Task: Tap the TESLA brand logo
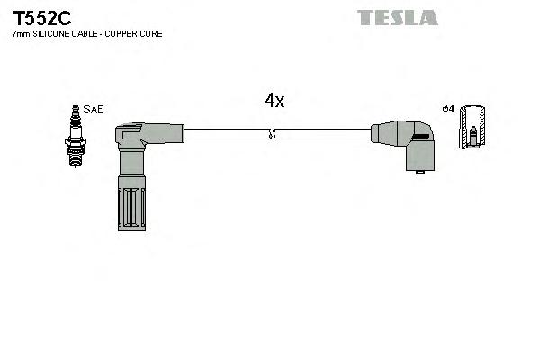(x=397, y=17)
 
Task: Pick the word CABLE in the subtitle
(x=88, y=34)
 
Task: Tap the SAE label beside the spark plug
(x=94, y=109)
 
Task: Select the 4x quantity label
(x=274, y=102)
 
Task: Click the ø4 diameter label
(x=448, y=110)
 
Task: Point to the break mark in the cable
(x=273, y=135)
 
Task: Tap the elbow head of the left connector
(x=130, y=137)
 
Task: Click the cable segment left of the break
(x=225, y=135)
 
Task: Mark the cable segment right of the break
(x=324, y=135)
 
